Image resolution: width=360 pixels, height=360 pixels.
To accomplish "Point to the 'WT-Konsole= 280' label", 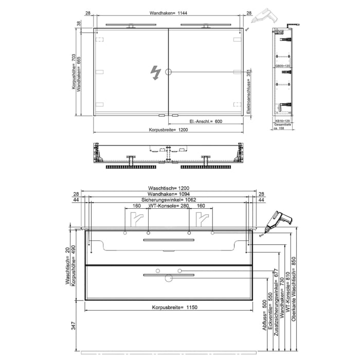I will point(169,206).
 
